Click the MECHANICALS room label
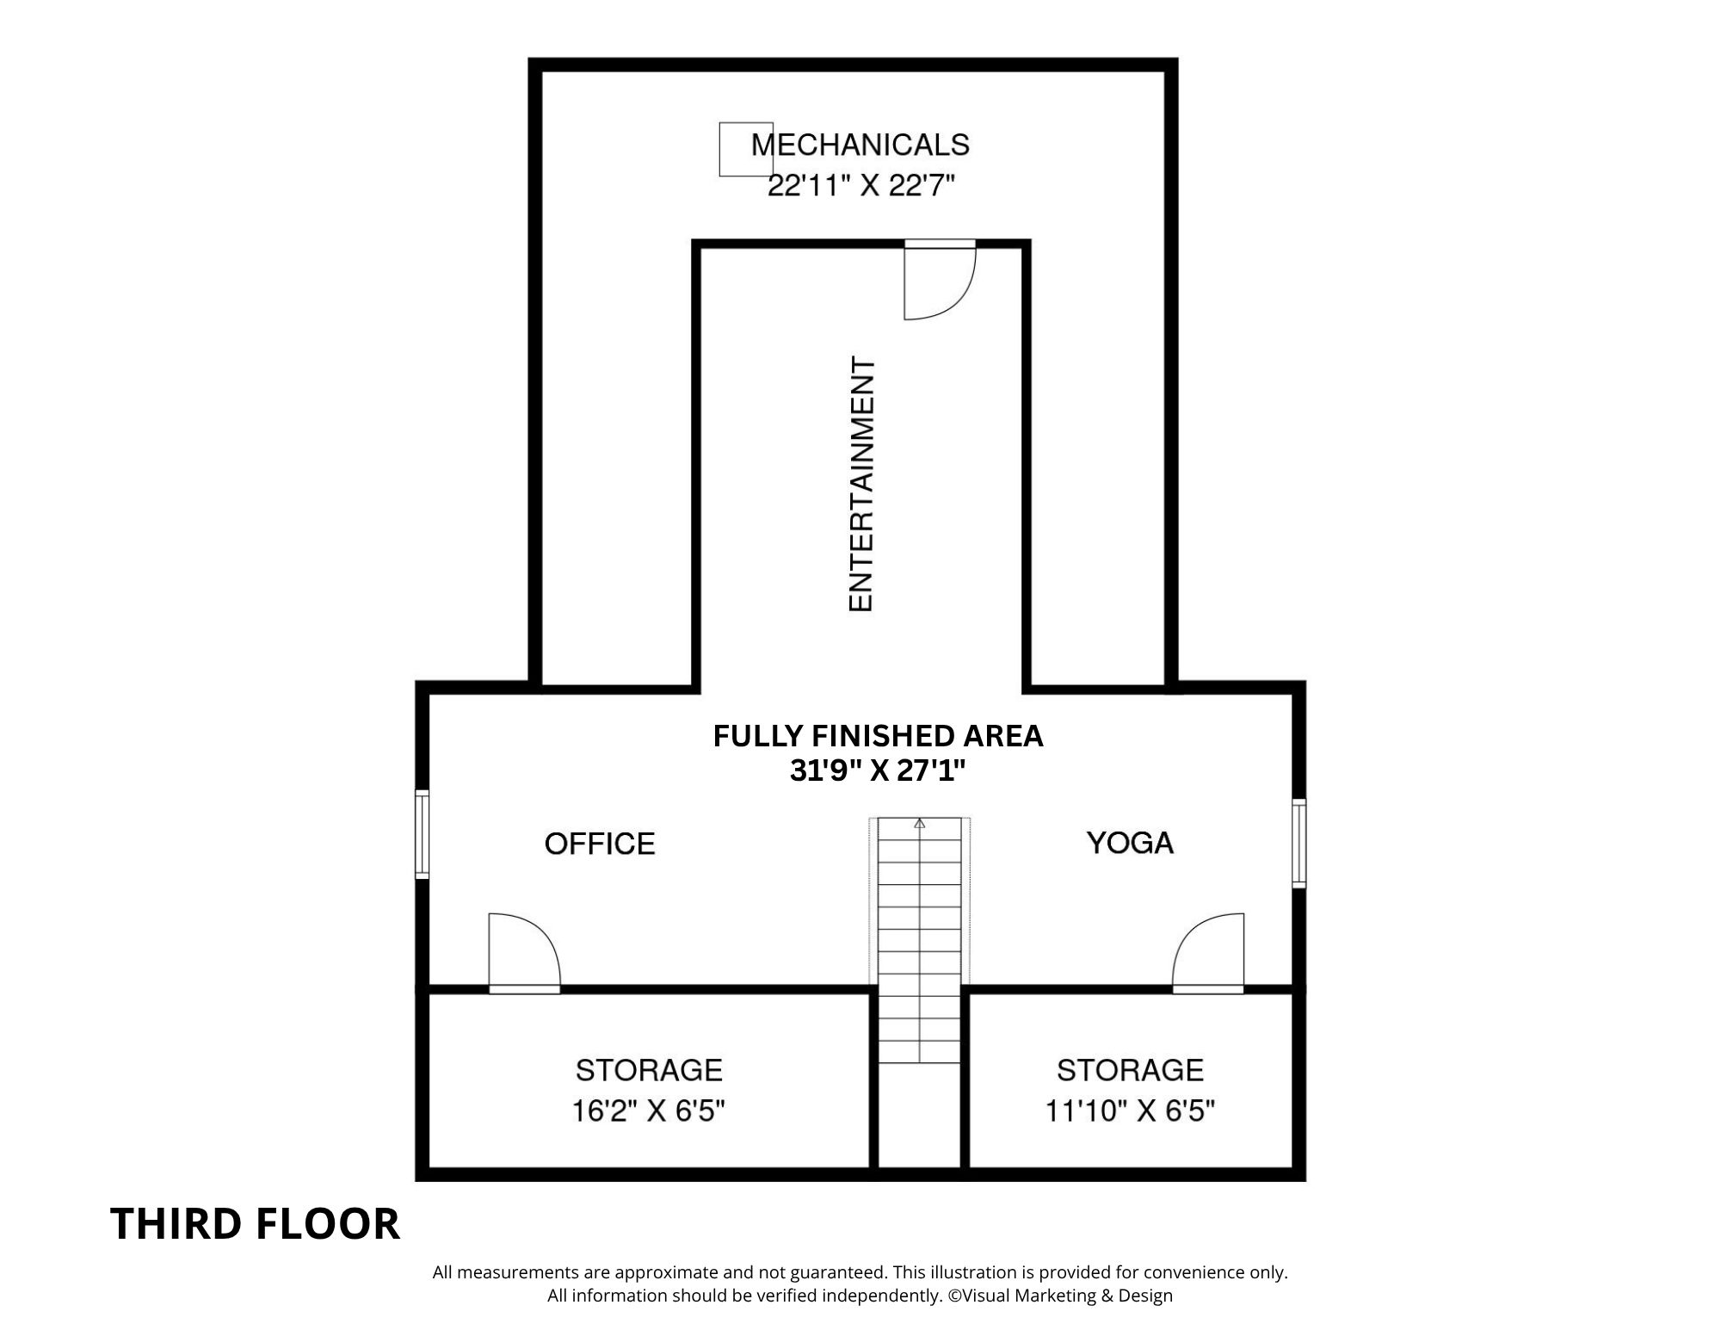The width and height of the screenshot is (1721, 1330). click(860, 145)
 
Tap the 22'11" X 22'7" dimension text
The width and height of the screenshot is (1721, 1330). click(861, 185)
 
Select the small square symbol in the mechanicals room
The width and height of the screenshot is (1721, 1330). click(745, 149)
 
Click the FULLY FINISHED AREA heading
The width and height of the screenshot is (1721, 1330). click(878, 736)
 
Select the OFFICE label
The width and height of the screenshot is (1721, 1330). click(600, 844)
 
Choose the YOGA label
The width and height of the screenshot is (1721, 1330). click(1130, 843)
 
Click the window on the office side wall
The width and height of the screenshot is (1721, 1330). click(422, 835)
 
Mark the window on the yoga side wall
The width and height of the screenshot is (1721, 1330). click(1299, 843)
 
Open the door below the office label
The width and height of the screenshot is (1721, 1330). click(524, 953)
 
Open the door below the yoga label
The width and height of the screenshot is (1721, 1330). click(1208, 953)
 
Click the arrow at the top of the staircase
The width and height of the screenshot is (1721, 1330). click(920, 823)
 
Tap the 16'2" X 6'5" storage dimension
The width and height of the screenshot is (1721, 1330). click(649, 1111)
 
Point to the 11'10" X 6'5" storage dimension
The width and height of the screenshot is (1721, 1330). click(1130, 1111)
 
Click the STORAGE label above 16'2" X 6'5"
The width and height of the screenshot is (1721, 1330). click(649, 1070)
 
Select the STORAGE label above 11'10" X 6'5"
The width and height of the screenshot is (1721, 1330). click(1130, 1070)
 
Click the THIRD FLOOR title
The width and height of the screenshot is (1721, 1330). click(256, 1224)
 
